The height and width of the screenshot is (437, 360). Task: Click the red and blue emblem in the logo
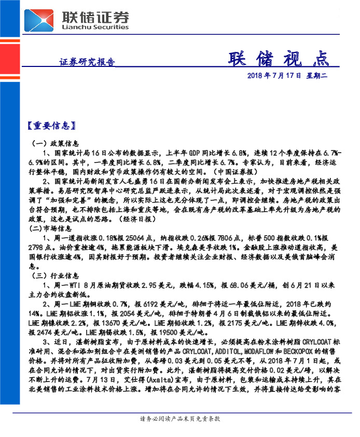[41, 20]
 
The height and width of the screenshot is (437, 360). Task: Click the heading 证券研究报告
[87, 62]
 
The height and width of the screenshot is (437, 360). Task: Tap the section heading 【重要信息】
[52, 126]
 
